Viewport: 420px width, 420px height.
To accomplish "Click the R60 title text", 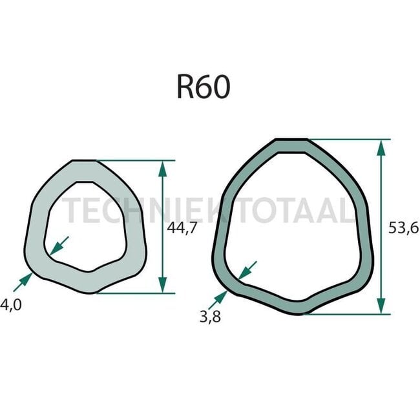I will tap(203, 87).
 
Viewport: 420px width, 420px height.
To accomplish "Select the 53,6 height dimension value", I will tap(404, 227).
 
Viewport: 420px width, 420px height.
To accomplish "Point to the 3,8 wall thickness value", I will tap(208, 317).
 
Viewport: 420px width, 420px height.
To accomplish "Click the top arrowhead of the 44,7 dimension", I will tap(162, 169).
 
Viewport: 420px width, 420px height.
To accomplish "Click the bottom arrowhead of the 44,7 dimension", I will tap(162, 284).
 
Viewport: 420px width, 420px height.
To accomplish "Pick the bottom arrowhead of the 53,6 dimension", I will tap(382, 305).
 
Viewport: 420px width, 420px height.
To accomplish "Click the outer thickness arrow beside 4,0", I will tap(23, 281).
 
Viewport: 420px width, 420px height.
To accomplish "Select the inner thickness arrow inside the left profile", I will tap(59, 244).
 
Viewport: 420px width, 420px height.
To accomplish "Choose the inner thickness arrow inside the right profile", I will tap(247, 270).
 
